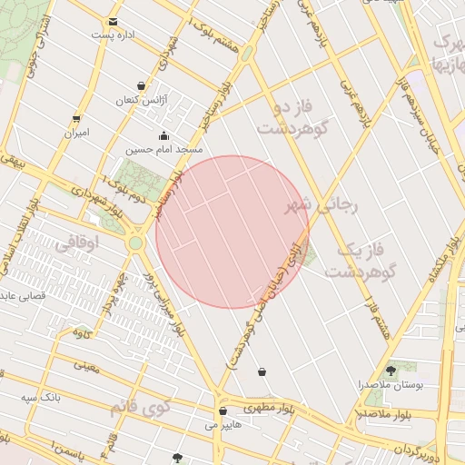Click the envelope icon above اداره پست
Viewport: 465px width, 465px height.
(113, 22)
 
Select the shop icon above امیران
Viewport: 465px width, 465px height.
(76, 119)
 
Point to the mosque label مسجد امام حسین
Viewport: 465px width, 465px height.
(164, 148)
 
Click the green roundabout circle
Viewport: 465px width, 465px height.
(136, 243)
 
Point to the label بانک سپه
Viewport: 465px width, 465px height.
(42, 398)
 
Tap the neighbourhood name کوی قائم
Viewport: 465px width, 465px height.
(143, 406)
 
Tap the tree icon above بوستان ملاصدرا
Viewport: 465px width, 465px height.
(391, 370)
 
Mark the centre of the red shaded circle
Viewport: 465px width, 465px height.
(232, 232)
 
